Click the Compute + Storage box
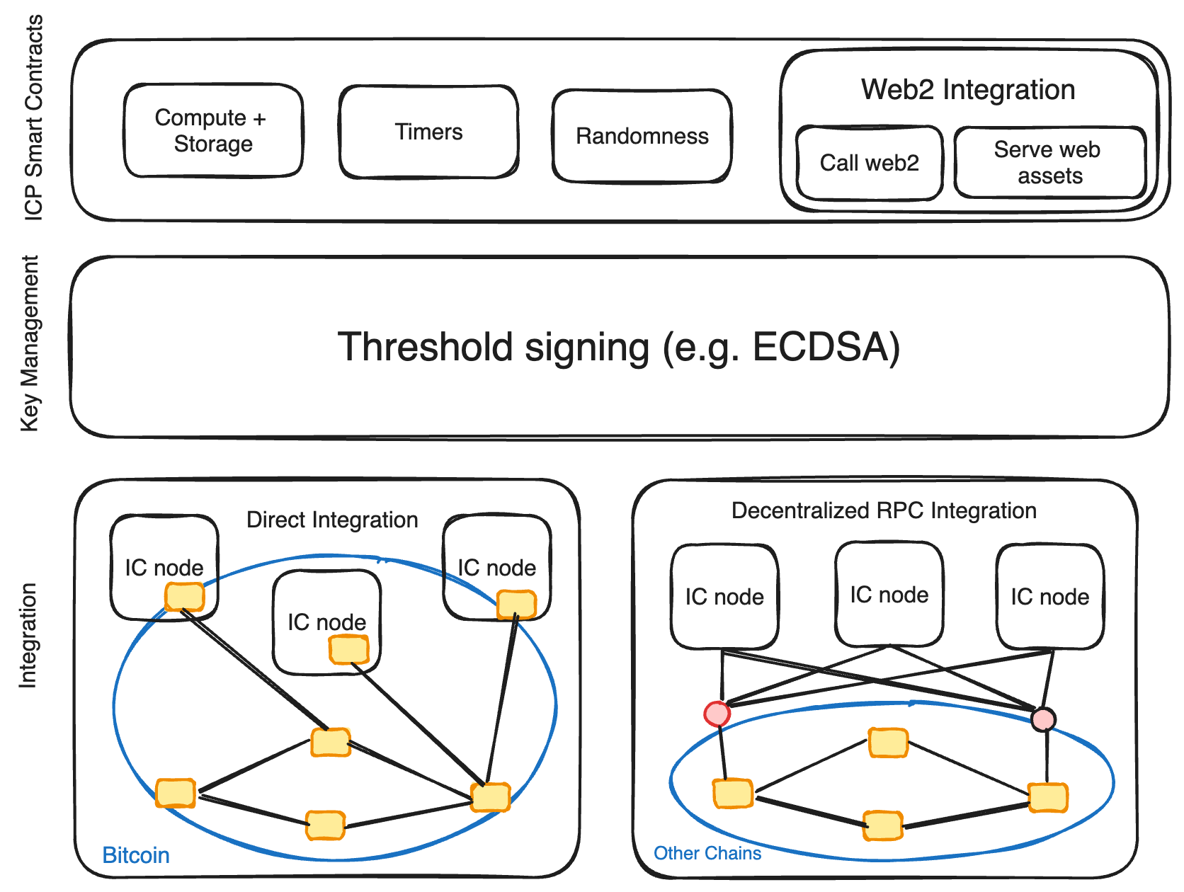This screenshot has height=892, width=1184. tap(213, 130)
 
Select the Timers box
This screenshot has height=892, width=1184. tap(428, 132)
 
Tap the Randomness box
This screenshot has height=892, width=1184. tap(642, 136)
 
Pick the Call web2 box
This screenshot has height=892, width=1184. tap(869, 163)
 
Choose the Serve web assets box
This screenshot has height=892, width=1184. tap(1049, 162)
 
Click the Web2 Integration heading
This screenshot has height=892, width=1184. tap(968, 90)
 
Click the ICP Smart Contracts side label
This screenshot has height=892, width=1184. tap(34, 118)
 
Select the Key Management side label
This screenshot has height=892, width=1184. tap(30, 344)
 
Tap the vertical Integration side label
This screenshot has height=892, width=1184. tap(27, 635)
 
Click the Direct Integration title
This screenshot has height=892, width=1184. tap(332, 520)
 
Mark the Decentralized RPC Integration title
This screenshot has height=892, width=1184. tap(884, 510)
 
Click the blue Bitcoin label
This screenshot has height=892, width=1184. tap(136, 855)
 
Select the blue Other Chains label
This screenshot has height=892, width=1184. tap(707, 853)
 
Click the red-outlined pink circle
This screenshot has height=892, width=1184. tap(717, 714)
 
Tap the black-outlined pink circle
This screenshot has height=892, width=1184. tap(1043, 719)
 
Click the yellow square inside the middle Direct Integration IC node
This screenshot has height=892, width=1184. tap(349, 649)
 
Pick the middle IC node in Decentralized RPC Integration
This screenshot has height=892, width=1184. tap(889, 595)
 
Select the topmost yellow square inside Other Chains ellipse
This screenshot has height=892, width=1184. tap(888, 743)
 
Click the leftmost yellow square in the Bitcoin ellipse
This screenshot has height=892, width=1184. tap(176, 793)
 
